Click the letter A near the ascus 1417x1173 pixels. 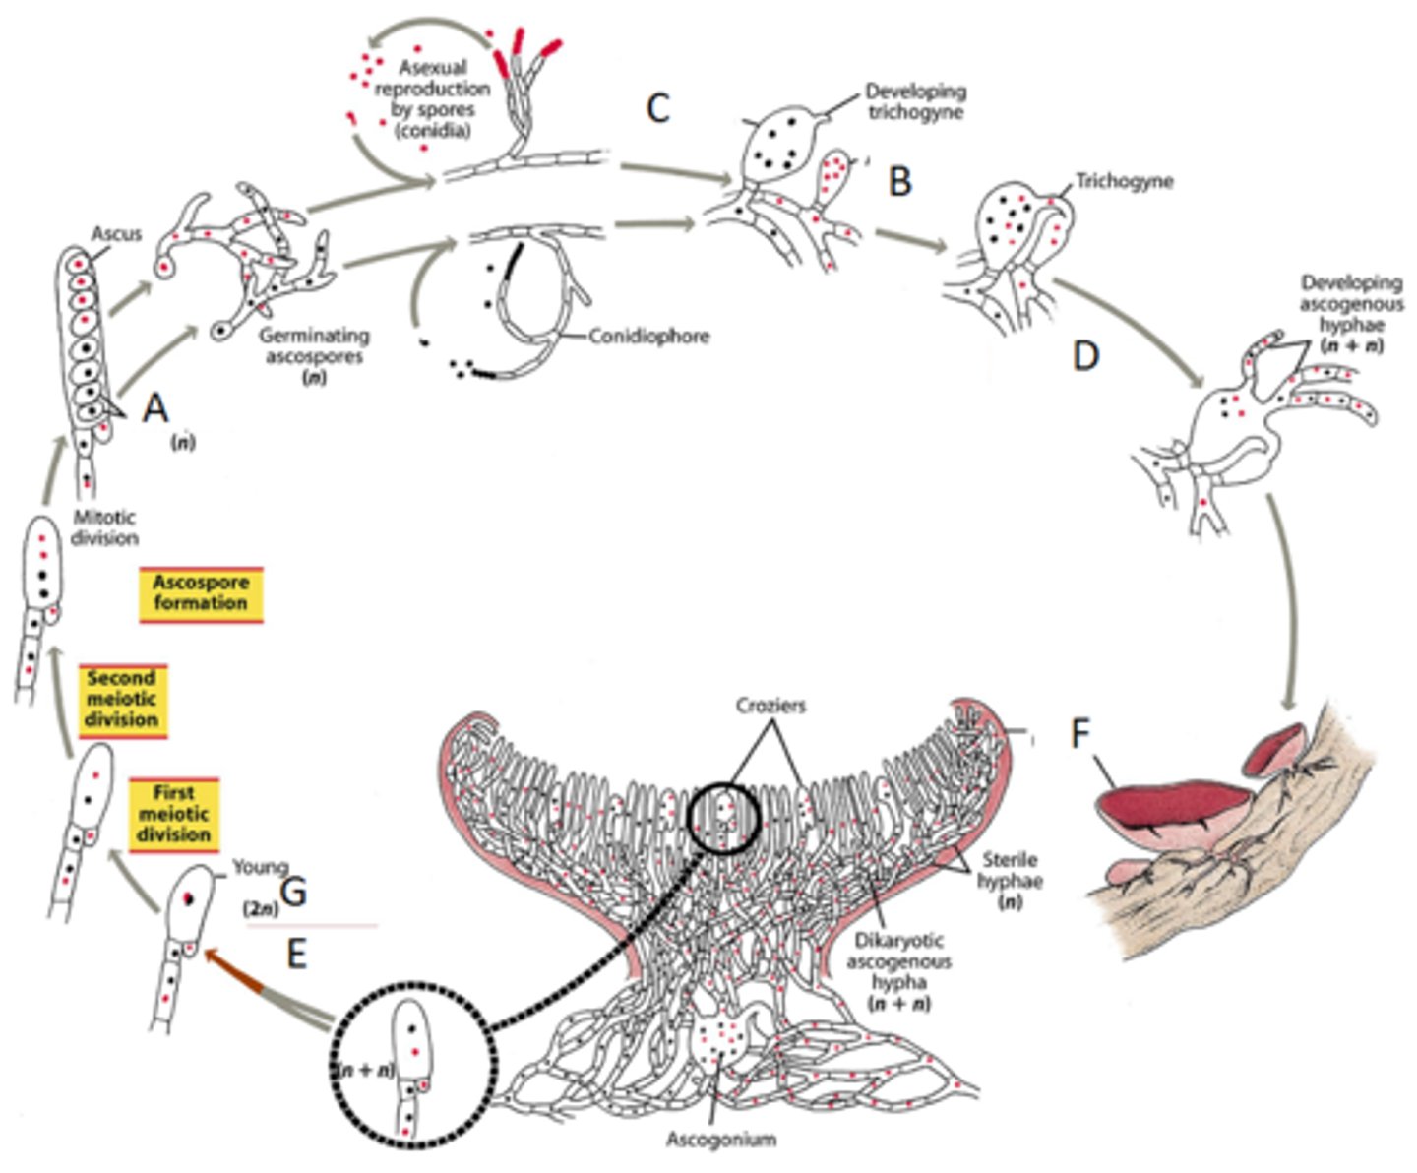pos(155,406)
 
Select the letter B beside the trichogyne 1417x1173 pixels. pos(899,181)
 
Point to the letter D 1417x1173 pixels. pos(1084,356)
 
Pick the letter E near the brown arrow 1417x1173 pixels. pos(296,953)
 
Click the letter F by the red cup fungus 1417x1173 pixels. pos(1080,734)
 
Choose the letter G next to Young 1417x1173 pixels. pos(293,893)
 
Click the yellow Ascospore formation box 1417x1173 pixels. pos(201,593)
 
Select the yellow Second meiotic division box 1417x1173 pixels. pos(122,699)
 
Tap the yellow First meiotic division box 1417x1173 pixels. pos(173,814)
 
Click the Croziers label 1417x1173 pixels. pos(770,707)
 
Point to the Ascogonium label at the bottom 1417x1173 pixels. pos(721,1139)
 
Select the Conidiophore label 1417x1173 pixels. pos(649,337)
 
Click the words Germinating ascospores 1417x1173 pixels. pos(314,345)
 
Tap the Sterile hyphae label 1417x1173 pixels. pos(1009,870)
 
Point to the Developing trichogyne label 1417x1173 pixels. pos(915,101)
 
